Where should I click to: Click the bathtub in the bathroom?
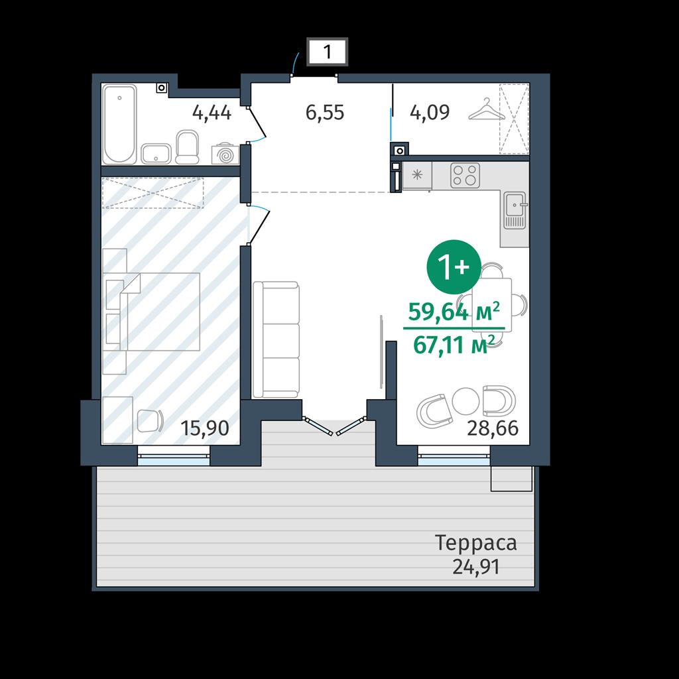click(119, 124)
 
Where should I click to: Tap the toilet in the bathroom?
click(187, 147)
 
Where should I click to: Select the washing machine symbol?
click(225, 154)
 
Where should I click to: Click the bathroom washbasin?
click(156, 154)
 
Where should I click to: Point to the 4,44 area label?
click(212, 113)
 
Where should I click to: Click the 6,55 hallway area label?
click(325, 113)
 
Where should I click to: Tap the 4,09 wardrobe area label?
click(430, 112)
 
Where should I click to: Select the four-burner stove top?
click(465, 175)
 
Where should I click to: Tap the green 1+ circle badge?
click(454, 267)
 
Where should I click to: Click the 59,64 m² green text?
click(454, 311)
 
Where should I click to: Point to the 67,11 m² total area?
click(454, 345)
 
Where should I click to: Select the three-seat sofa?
click(276, 339)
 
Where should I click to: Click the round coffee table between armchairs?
click(465, 401)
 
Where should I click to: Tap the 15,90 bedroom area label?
click(204, 428)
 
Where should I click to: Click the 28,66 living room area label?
click(493, 428)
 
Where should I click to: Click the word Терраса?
click(475, 543)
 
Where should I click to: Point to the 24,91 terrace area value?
click(476, 566)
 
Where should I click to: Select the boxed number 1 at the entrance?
click(328, 52)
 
